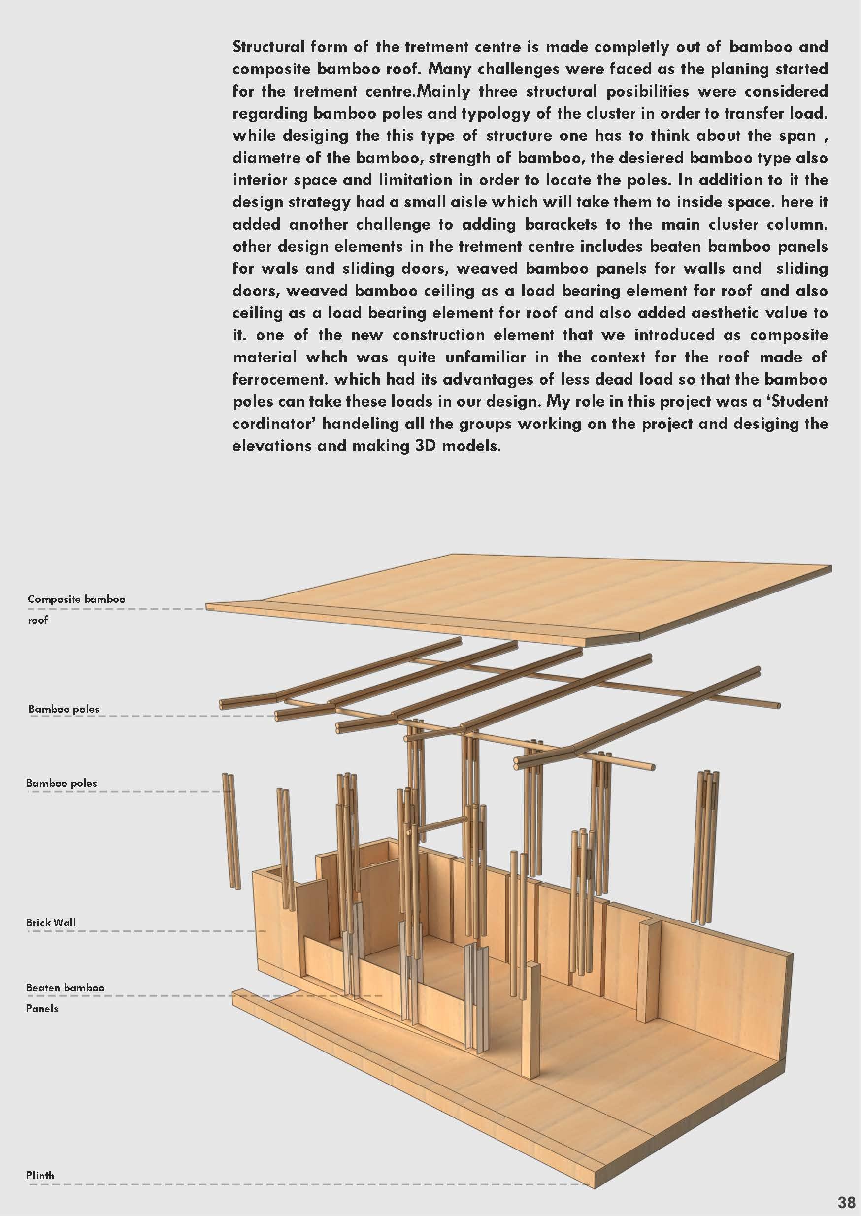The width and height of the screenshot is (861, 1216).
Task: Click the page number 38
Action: (846, 1201)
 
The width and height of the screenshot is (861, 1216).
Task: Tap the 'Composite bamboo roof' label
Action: (76, 609)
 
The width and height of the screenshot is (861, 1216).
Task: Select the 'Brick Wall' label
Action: (51, 922)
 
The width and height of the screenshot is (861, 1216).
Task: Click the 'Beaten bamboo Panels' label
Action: (65, 997)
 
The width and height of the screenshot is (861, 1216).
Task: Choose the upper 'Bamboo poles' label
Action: (64, 709)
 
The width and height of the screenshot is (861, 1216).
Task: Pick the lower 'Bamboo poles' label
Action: (61, 783)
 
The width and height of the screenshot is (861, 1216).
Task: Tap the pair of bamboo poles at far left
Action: (231, 832)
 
